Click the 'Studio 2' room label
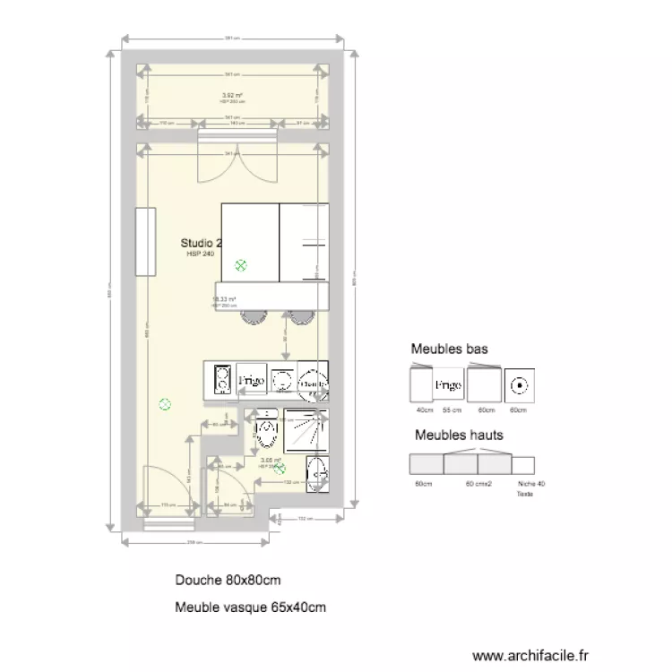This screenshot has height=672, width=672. pos(201,243)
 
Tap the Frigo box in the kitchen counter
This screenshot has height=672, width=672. pos(250,381)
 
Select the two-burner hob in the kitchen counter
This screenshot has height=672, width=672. pos(221,381)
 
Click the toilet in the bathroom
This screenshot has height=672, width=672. pos(266,431)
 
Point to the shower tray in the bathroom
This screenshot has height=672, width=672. pos(306,431)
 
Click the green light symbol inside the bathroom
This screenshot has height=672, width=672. pos(280,468)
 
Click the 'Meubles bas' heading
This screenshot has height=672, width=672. pos(449,349)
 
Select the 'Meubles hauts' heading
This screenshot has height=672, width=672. pos(458,435)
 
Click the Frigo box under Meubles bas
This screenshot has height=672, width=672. pos(448,385)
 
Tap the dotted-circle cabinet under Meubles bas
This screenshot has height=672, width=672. pos(519,385)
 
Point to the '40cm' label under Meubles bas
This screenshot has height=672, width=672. pos(426,410)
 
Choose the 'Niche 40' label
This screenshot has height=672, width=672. pos(531,484)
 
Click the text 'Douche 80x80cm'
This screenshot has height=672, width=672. pos(228,580)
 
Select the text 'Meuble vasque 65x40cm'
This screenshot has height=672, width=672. pos(251,607)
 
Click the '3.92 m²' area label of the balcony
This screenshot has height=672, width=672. pos(233,94)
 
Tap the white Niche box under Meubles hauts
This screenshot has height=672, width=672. pos(523,464)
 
